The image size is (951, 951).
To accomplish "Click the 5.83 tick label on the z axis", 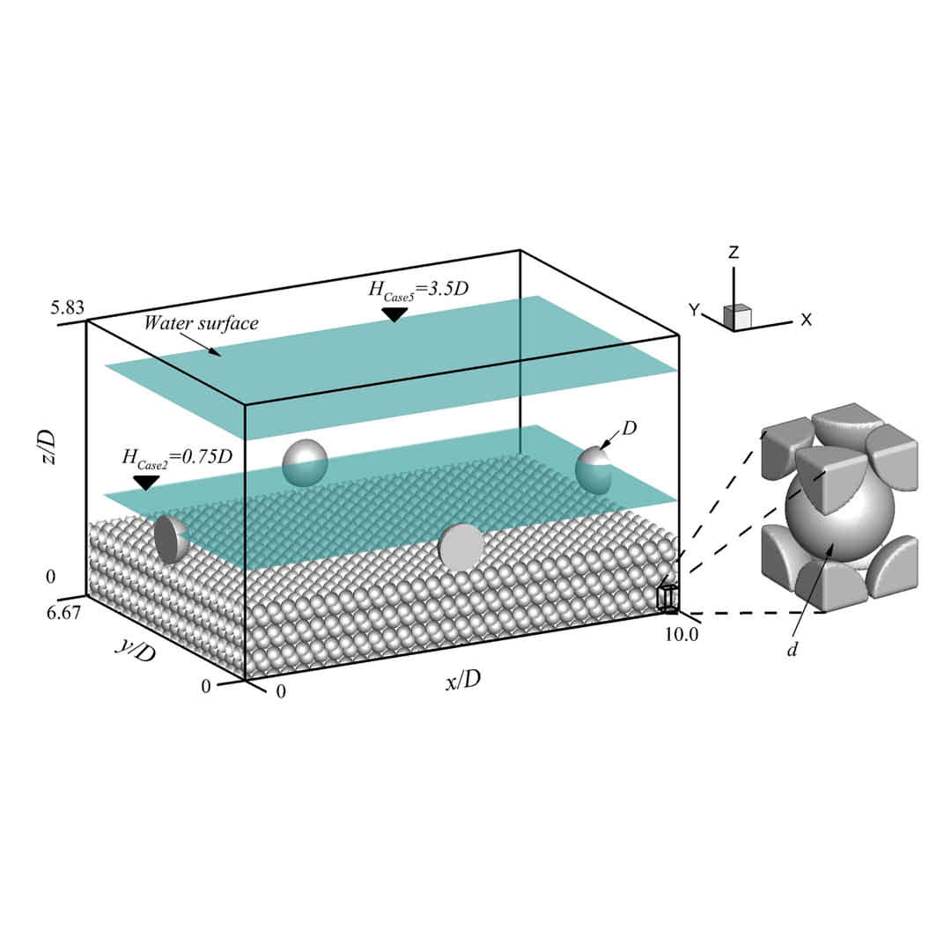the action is (x=67, y=307).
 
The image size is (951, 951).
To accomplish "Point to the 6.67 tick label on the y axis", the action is (x=63, y=613).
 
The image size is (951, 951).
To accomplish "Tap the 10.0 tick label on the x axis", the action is (x=681, y=634).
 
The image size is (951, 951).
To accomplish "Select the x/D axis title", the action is (x=463, y=681).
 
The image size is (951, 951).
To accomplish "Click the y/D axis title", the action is (x=136, y=651).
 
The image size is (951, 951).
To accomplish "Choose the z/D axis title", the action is (x=46, y=447).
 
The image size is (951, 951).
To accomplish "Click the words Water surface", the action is (x=201, y=322).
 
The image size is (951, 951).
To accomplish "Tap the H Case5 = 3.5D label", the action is (x=418, y=290).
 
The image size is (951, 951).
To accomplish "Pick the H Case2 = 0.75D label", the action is (x=177, y=457).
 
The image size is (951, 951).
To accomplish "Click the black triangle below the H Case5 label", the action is (x=394, y=314).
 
